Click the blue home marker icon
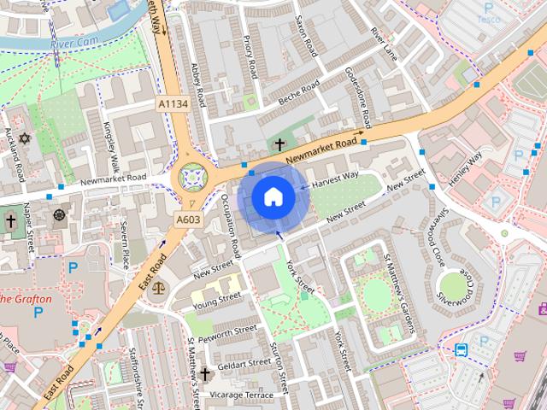tap(273, 197)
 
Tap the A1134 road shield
tap(173, 104)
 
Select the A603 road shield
tap(188, 220)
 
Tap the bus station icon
tap(462, 349)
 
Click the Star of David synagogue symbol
tap(24, 138)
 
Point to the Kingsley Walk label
tap(110, 148)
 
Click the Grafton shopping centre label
tap(26, 300)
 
